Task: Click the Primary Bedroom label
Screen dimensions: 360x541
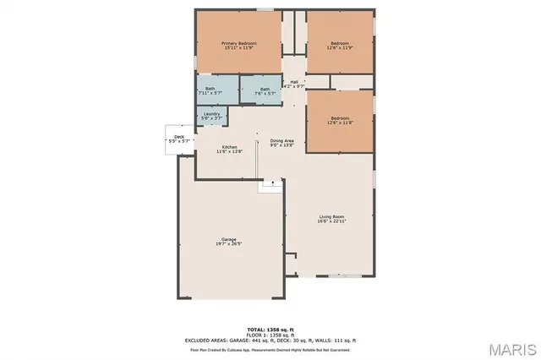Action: click(x=239, y=43)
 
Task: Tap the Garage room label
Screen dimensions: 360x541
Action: click(x=228, y=240)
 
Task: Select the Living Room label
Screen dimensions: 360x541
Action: click(x=332, y=217)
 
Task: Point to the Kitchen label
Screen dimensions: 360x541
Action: click(x=229, y=147)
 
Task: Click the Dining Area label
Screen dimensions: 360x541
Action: click(x=281, y=140)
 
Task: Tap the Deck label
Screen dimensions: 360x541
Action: click(x=178, y=137)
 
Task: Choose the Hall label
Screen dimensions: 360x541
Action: click(x=293, y=82)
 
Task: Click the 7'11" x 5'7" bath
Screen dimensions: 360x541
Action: click(x=209, y=90)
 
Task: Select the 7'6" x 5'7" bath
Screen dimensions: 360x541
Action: click(x=265, y=90)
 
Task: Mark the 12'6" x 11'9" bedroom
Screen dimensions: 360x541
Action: click(x=339, y=45)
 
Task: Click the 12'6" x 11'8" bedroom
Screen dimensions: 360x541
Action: click(x=339, y=121)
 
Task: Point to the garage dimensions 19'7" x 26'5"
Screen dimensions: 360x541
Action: click(x=228, y=244)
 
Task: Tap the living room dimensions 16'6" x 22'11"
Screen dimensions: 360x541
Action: click(x=332, y=221)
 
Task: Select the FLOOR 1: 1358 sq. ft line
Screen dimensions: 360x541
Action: click(x=270, y=334)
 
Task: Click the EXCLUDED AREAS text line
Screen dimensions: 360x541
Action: click(x=270, y=340)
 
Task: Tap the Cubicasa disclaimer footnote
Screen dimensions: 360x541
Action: click(x=270, y=348)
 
